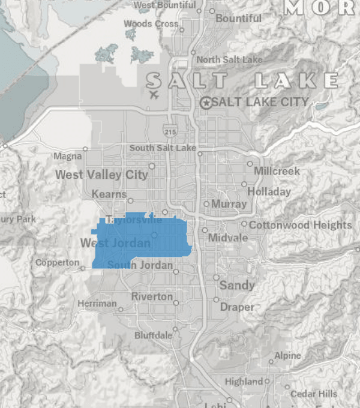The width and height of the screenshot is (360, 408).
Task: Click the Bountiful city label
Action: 239,19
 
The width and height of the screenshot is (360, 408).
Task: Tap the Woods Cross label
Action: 151,24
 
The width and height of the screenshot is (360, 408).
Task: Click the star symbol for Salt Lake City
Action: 206,103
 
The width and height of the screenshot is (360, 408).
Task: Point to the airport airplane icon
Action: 154,94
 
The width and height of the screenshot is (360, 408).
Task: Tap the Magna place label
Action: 67,157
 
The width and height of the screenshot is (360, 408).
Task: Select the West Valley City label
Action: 101,175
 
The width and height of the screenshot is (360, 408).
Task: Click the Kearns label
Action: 109,194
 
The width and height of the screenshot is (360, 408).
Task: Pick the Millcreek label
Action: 277,171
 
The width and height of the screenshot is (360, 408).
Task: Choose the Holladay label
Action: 269,192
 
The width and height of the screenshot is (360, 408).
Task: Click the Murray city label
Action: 229,204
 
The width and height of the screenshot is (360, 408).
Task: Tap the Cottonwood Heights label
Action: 300,225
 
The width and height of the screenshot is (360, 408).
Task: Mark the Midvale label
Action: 228,238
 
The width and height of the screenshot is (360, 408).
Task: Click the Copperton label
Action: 57,263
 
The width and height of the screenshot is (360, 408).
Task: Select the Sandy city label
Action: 237,285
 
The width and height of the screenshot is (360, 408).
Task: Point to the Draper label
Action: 237,307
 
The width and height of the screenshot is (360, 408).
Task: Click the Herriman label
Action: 97,304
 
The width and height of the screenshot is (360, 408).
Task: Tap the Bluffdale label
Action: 153,335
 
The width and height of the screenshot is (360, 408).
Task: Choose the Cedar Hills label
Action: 314,394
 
